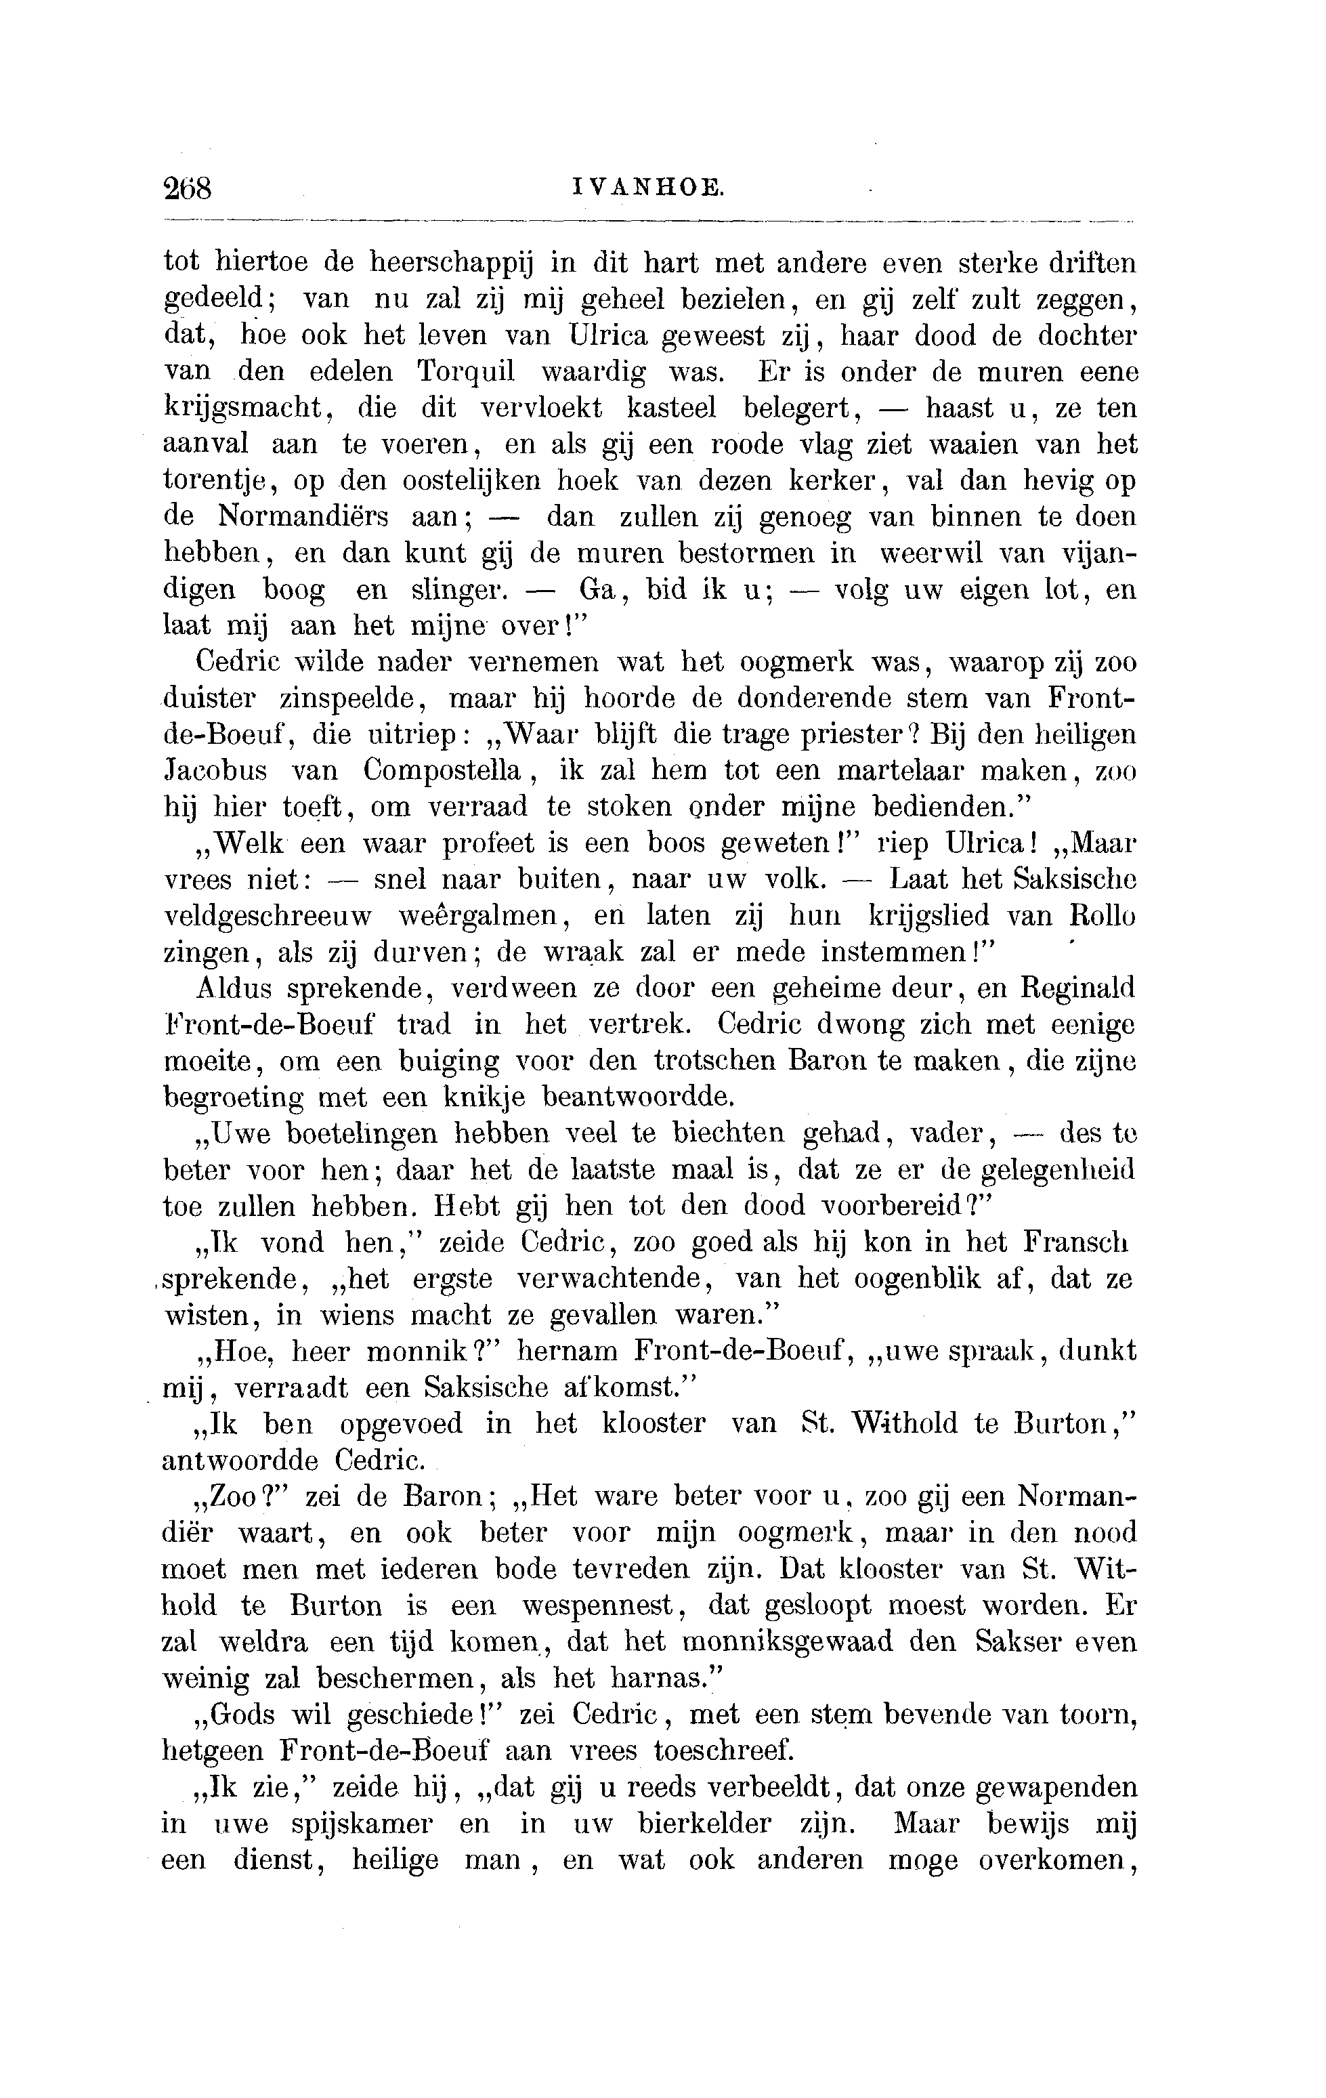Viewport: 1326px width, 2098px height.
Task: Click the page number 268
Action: [x=188, y=188]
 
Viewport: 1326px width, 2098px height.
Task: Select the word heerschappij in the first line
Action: [x=451, y=262]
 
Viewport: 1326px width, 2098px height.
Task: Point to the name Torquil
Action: [x=466, y=372]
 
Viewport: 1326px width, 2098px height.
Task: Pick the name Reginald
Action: [x=1079, y=989]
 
